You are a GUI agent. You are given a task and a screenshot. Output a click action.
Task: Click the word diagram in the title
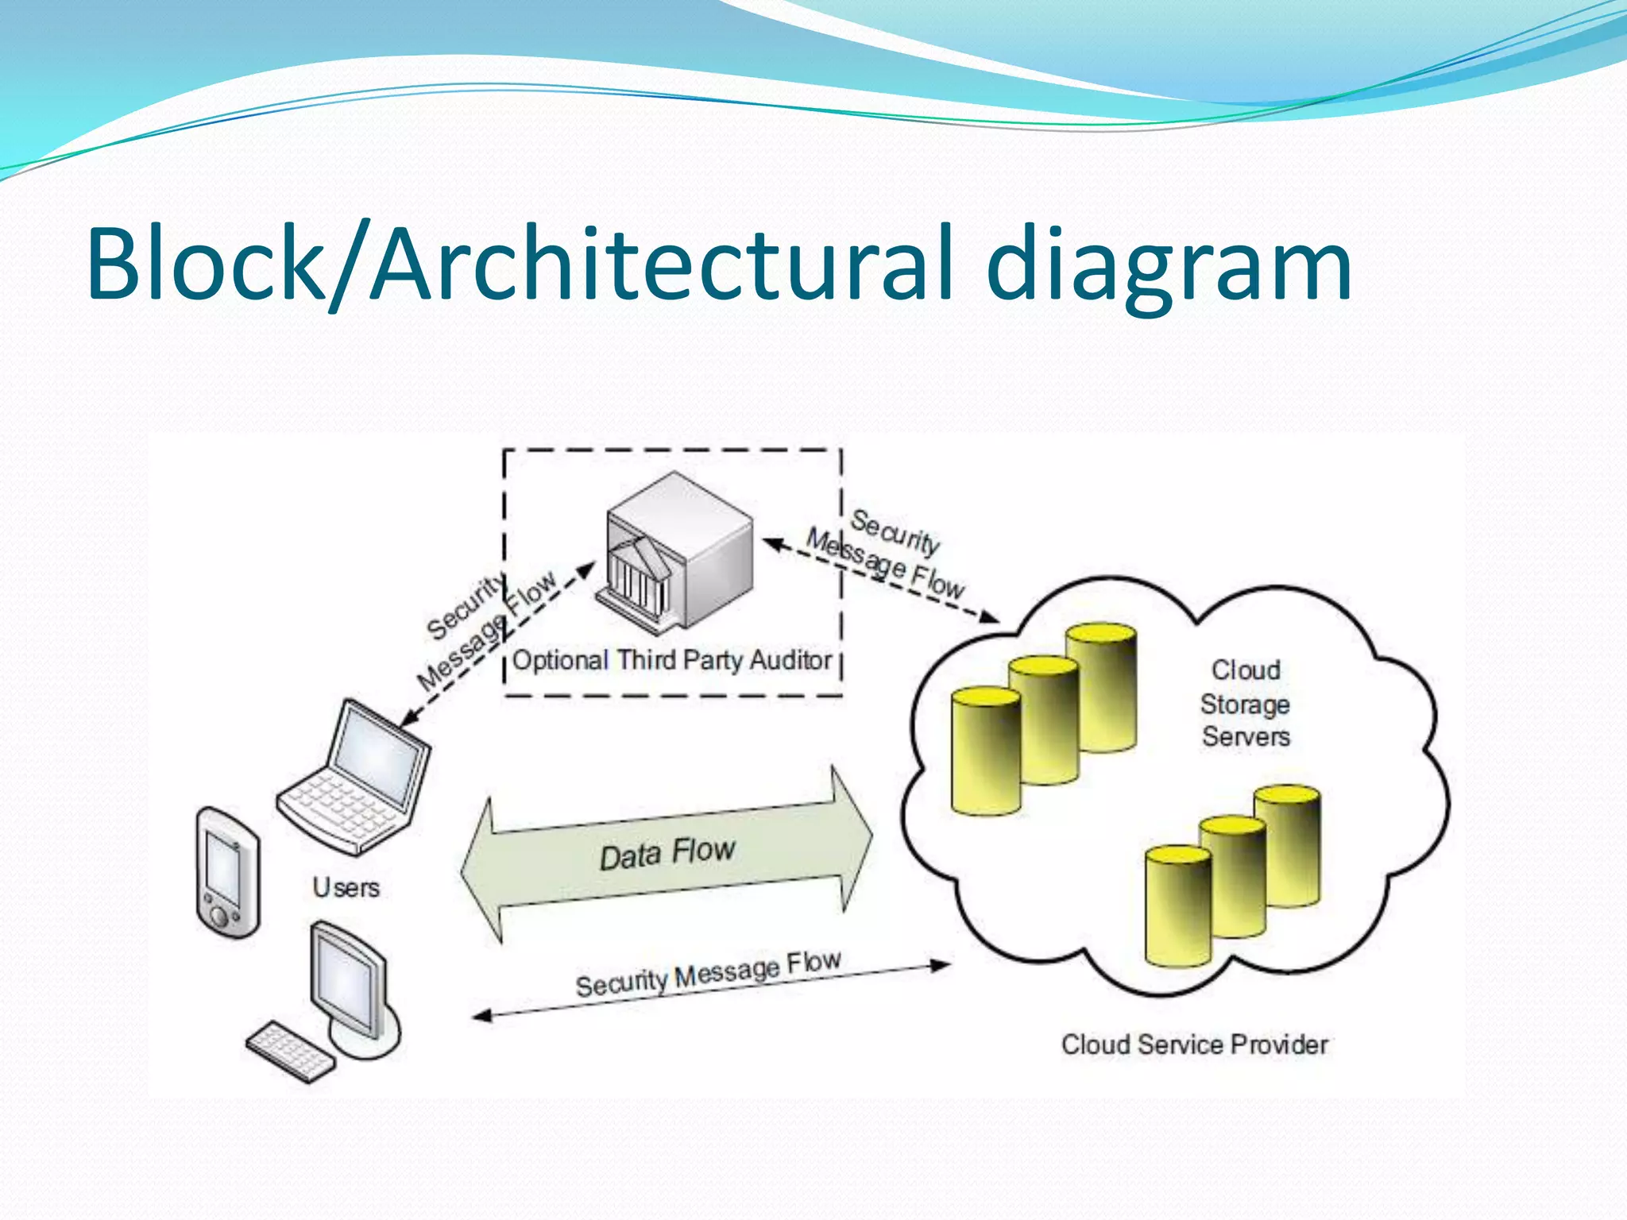point(1169,266)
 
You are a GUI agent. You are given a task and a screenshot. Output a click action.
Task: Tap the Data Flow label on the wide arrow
point(667,854)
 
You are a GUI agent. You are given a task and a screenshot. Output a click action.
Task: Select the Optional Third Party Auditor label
point(672,660)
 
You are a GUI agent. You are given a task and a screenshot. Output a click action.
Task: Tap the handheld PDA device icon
point(227,872)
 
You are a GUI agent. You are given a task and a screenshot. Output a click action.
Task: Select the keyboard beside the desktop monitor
point(290,1051)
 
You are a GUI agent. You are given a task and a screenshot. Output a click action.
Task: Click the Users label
point(346,887)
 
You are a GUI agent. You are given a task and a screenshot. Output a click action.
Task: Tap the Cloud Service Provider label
point(1194,1044)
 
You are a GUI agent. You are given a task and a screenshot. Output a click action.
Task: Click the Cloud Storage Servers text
point(1245,704)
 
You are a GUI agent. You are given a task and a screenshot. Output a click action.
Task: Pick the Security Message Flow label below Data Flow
point(708,974)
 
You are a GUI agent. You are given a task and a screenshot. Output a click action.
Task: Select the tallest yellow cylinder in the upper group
point(1101,688)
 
